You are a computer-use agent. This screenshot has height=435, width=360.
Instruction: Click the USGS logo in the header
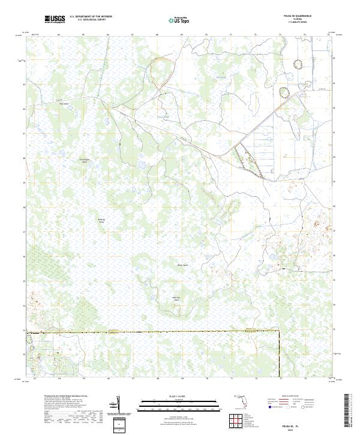pos(55,20)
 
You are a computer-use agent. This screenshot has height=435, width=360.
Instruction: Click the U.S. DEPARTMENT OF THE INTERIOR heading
pos(91,17)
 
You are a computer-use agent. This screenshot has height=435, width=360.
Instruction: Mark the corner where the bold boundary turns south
pos(280,331)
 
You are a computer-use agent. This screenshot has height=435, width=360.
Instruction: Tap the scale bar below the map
pos(176,404)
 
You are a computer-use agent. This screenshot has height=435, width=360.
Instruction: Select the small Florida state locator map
pos(240,401)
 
